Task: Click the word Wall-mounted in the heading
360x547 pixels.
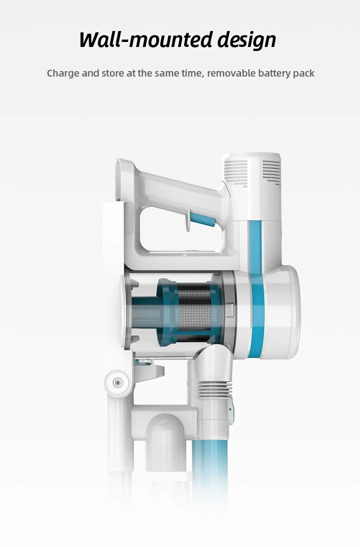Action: [x=146, y=40]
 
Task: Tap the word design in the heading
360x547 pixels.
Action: [x=247, y=41]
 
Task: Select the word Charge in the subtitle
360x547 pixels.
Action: [x=63, y=73]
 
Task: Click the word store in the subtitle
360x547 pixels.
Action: [x=113, y=73]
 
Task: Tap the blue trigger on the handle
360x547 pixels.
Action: [x=203, y=219]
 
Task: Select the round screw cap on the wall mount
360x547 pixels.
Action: [x=118, y=382]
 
